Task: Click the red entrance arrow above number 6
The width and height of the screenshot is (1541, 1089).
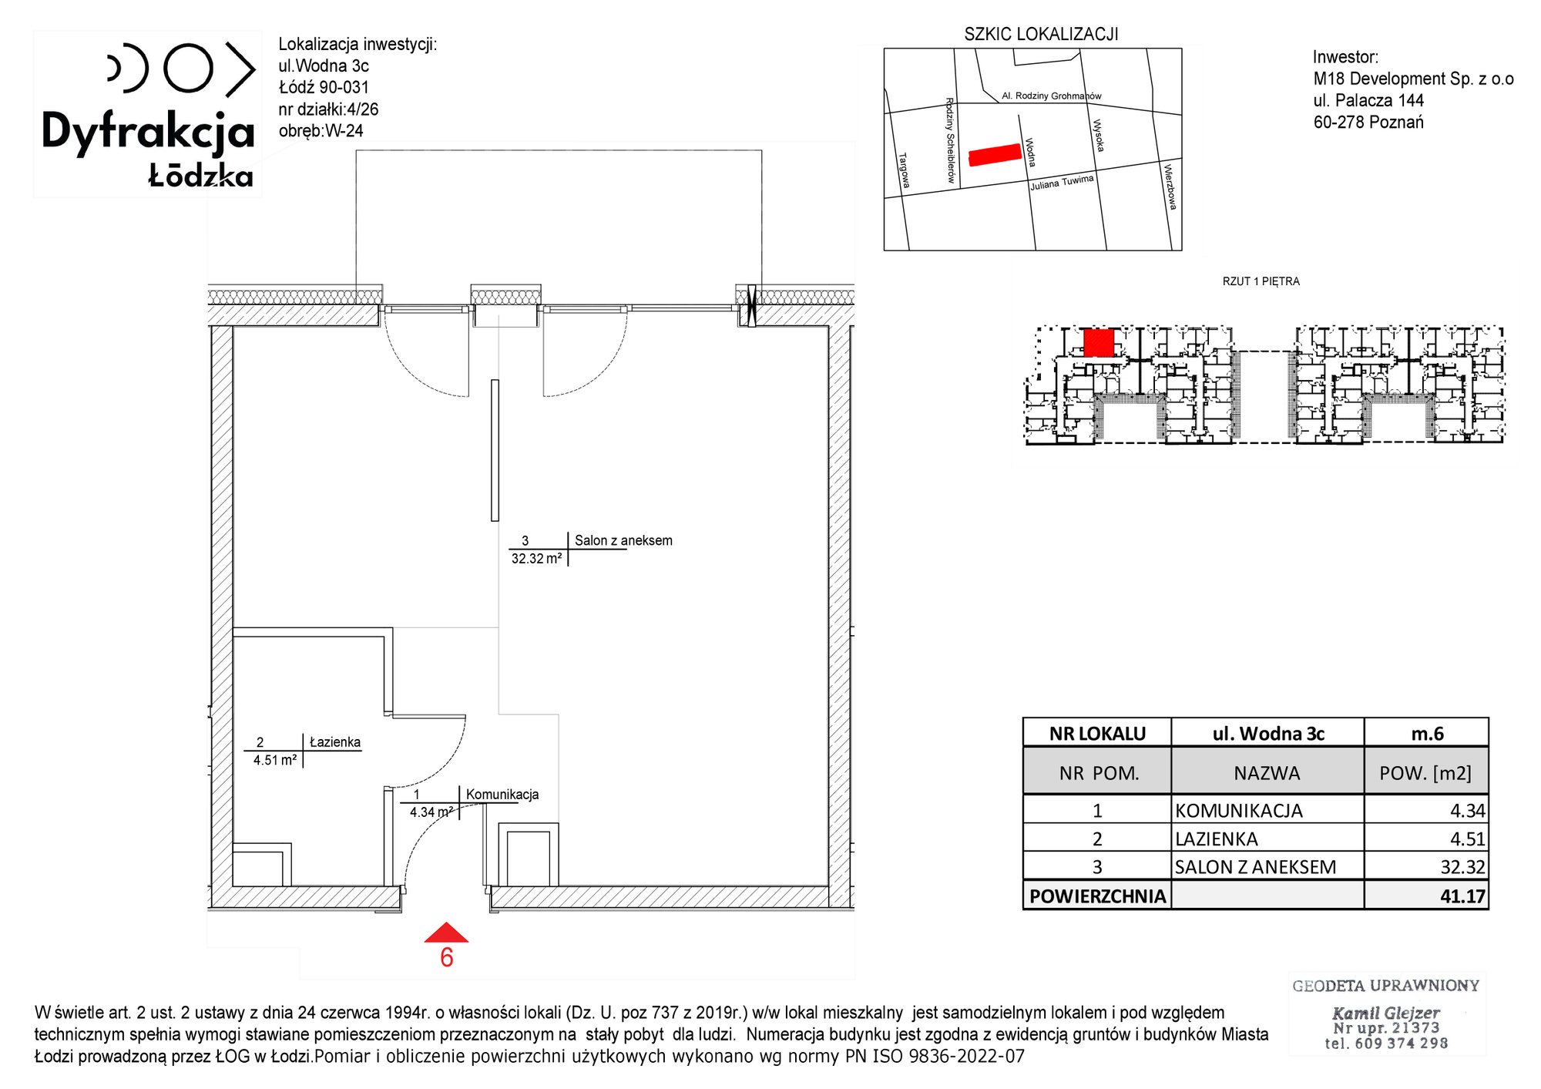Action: [446, 933]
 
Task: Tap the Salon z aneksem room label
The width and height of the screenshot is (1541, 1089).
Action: [623, 541]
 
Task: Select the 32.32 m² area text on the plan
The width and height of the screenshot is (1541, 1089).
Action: [536, 559]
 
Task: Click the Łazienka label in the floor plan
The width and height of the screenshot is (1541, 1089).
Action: [335, 742]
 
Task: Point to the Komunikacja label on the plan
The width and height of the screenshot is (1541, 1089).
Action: [502, 795]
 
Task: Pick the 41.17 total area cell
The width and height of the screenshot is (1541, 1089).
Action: [1462, 896]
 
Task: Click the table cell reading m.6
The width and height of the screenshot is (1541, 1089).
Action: [1427, 734]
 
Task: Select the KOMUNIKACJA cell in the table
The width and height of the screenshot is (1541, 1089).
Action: [1239, 811]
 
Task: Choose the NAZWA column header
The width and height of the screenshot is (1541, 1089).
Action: [1267, 773]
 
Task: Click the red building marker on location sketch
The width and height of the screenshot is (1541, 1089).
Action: [995, 155]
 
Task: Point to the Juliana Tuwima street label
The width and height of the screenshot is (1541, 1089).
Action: [1062, 183]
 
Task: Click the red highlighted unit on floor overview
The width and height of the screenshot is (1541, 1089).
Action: [1099, 343]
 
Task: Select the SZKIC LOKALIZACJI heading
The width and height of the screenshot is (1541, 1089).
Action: [1041, 35]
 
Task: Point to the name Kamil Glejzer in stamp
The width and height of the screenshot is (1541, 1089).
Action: [1385, 1013]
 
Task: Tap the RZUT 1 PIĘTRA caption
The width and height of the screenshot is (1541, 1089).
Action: [1261, 281]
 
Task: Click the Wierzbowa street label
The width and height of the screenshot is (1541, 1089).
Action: [1170, 187]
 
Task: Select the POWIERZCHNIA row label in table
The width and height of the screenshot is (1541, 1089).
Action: [1097, 896]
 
